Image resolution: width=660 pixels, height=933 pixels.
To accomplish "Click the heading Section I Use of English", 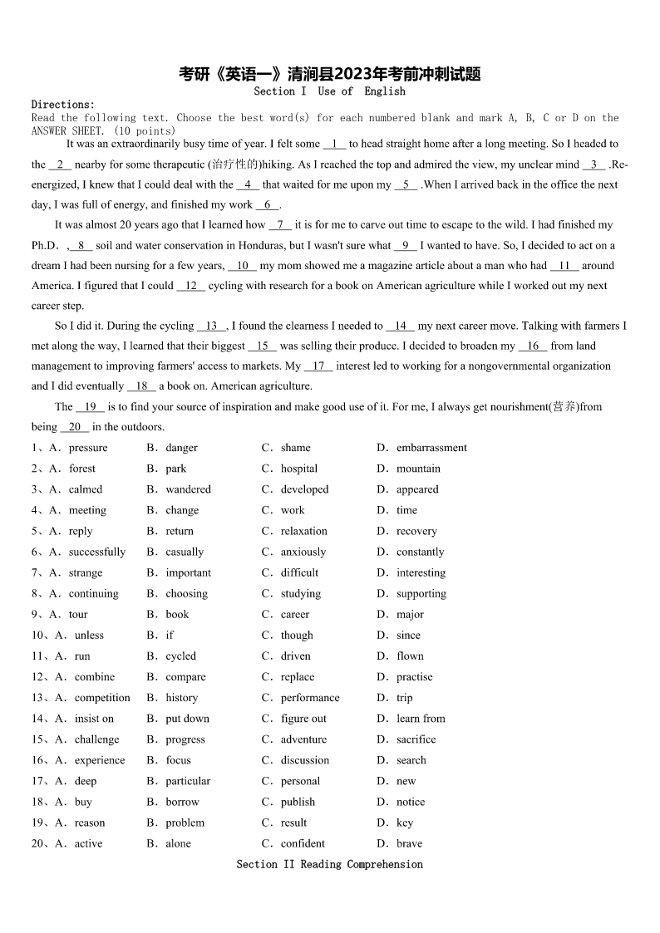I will click(x=329, y=91).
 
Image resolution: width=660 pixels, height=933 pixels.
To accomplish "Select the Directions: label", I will click(x=63, y=105).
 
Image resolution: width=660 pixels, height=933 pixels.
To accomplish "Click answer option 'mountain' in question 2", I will click(x=418, y=469).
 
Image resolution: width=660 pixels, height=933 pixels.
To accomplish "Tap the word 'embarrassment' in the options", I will click(x=431, y=448).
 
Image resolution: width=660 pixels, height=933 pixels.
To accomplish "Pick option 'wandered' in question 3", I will click(x=188, y=489).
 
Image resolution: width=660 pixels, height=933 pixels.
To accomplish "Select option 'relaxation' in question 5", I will click(x=303, y=531).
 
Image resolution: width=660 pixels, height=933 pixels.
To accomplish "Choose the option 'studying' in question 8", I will click(x=300, y=593).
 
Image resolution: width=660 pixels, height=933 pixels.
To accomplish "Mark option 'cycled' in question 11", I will click(x=180, y=656).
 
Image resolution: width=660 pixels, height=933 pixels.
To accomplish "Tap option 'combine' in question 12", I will click(x=95, y=677).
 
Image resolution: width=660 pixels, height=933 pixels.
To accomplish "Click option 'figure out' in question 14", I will click(x=303, y=719).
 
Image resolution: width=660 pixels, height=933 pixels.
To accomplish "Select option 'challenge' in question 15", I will click(x=96, y=739).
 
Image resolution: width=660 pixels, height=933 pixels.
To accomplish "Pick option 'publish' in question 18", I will click(x=298, y=802).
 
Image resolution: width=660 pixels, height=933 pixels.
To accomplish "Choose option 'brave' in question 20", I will click(x=409, y=843).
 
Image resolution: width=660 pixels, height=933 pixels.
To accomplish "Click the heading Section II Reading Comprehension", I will click(x=329, y=865).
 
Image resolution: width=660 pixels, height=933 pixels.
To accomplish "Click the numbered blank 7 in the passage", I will click(x=280, y=225).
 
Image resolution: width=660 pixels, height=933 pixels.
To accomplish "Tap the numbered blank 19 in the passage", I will click(x=90, y=407).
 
